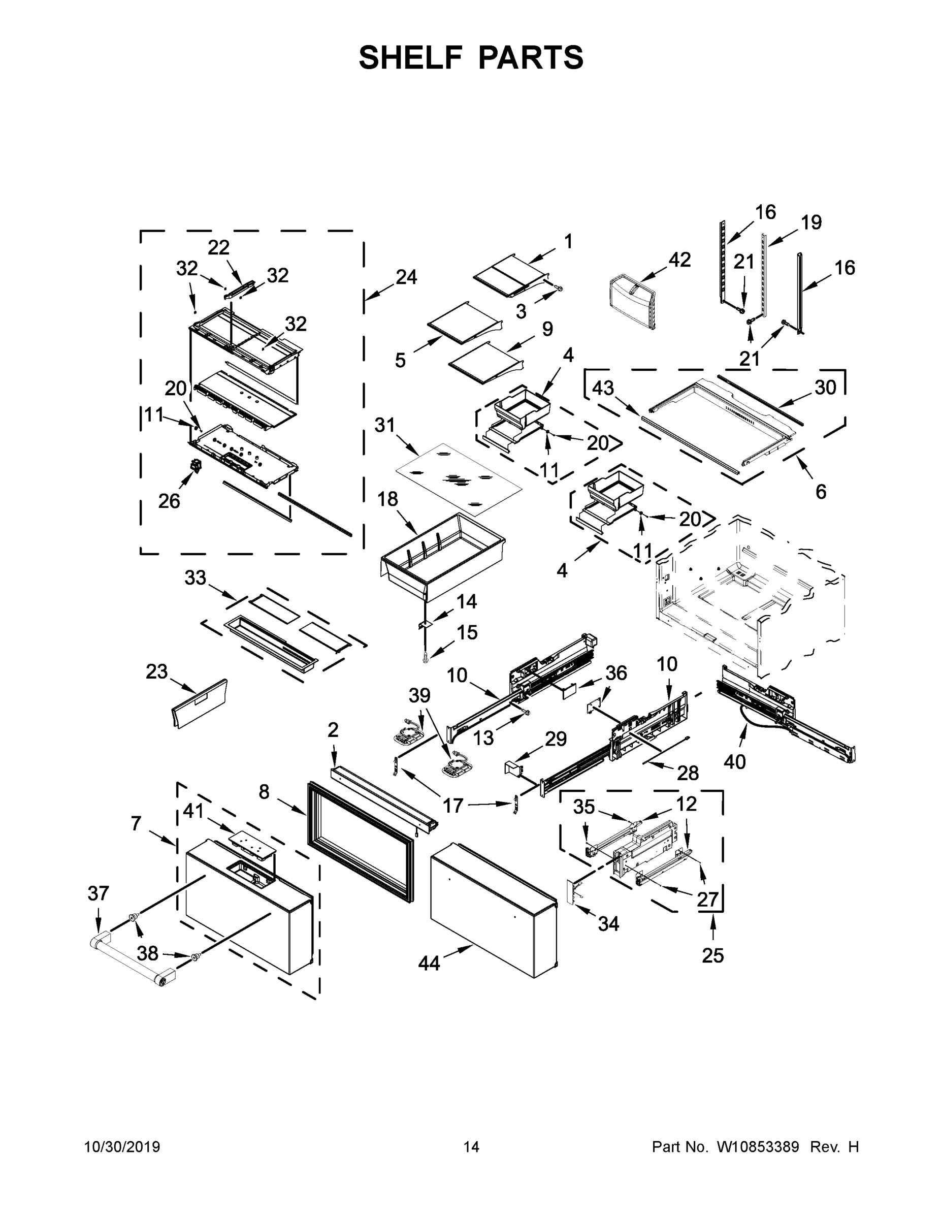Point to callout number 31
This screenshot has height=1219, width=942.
pos(384,425)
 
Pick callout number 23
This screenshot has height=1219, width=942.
pos(156,671)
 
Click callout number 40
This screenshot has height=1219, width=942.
pos(734,761)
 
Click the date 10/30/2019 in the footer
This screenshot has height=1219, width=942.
pos(122,1147)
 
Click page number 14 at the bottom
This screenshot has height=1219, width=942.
pos(471,1147)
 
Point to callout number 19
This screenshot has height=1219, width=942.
pos(811,222)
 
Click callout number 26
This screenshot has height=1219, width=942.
pos(169,501)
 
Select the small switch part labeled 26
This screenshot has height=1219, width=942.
pos(196,464)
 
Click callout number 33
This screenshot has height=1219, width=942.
pos(196,578)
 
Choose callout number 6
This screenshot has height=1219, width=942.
pos(820,491)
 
